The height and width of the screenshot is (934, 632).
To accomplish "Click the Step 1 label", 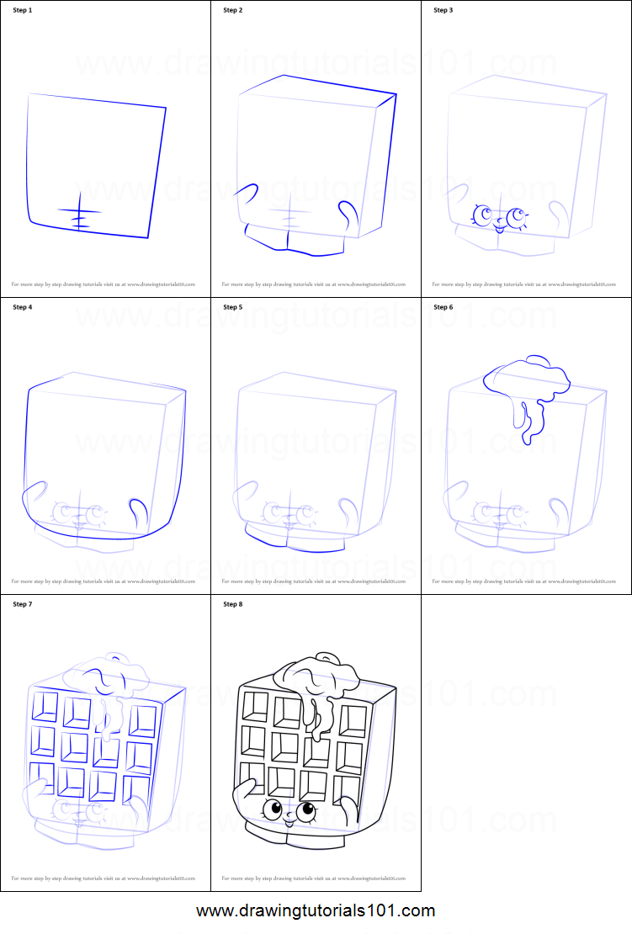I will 23,10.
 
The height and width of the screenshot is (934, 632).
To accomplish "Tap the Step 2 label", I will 233,10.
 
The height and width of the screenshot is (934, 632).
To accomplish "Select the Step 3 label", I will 443,10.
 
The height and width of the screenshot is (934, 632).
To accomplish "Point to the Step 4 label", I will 23,307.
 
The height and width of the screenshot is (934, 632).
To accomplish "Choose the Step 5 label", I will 233,307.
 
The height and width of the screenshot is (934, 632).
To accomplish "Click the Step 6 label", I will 443,307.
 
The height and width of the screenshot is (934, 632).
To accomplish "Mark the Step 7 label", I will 23,604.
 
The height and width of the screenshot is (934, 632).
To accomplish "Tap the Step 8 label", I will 233,604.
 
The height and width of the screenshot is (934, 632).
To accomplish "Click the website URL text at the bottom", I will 316,910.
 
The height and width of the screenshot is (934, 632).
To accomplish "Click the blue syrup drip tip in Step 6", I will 528,438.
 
